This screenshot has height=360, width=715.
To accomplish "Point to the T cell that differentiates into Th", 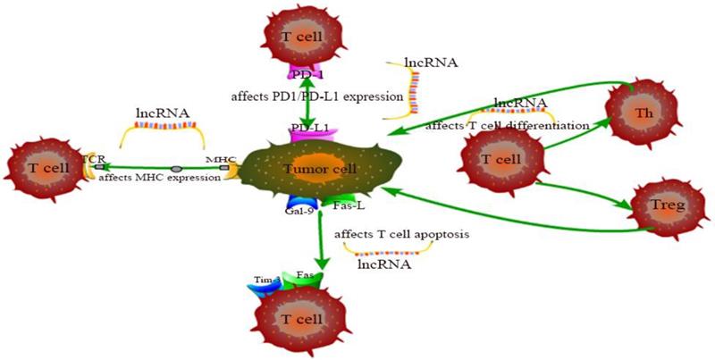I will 500,159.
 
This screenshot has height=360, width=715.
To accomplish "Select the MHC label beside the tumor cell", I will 220,159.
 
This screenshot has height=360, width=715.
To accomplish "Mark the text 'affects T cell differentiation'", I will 506,126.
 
